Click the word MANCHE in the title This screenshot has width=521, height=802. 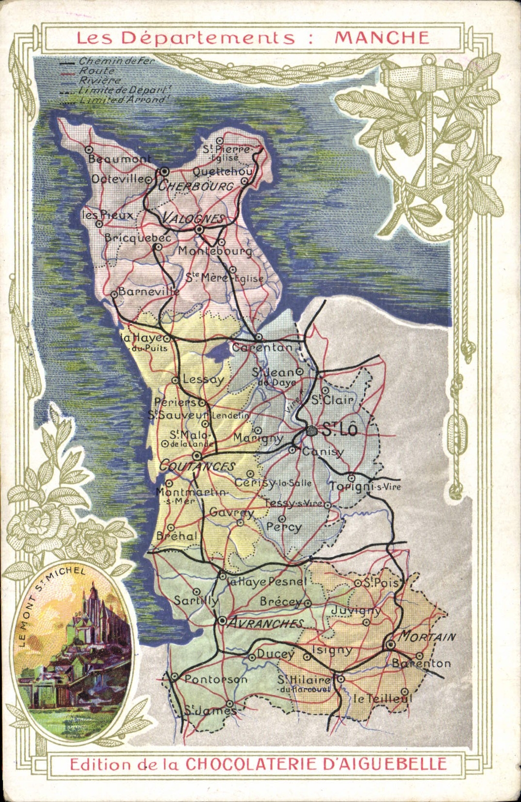coord(382,38)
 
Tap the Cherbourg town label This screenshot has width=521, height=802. coord(196,186)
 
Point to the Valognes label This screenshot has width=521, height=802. coord(193,218)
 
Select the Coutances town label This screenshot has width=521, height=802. coord(197,466)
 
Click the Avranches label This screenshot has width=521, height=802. coord(265,623)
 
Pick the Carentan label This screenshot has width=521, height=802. coord(262,347)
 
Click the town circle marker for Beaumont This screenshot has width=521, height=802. coord(89,149)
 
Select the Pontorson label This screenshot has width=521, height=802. coord(215,679)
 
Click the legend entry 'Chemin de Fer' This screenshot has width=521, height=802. coord(116,62)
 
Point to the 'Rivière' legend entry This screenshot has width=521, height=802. coord(100,80)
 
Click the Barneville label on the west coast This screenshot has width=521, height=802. coord(148,292)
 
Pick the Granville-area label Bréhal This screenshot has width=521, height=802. coord(177,536)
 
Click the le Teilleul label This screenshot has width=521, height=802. coord(382,698)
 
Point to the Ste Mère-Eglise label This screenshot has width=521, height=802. coord(225,278)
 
